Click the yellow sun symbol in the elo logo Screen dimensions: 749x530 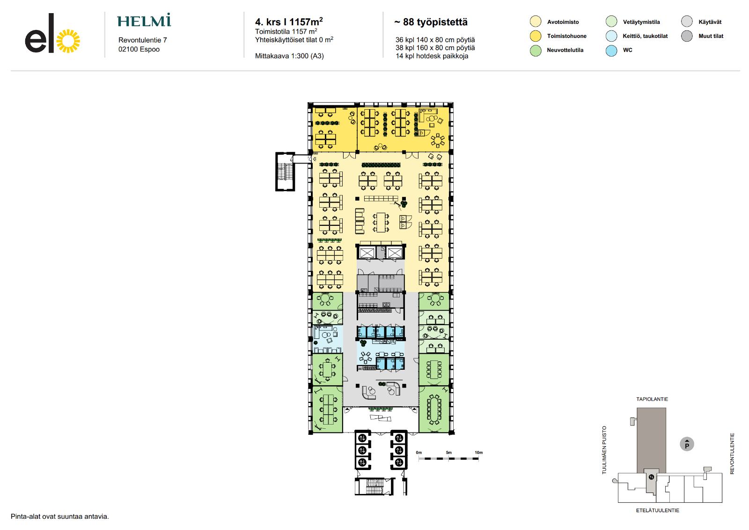68,41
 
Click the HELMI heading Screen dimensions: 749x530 144,20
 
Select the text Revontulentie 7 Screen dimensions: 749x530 142,40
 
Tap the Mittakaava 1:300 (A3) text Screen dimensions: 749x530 289,56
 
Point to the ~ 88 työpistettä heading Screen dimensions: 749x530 431,22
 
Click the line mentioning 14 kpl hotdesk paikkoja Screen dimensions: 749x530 432,56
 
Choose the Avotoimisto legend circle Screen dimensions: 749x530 536,22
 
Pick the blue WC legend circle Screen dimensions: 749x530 611,50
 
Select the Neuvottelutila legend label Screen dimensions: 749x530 565,50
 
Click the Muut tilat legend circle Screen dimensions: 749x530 687,36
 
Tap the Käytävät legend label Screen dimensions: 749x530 710,22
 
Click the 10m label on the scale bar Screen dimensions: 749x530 478,452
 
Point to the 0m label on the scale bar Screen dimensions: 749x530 419,452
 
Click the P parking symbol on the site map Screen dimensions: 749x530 687,444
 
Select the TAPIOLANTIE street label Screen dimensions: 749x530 652,399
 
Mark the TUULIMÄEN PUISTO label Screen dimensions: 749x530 604,450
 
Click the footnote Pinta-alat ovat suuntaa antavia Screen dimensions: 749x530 60,516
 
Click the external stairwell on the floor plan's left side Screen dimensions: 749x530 285,172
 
